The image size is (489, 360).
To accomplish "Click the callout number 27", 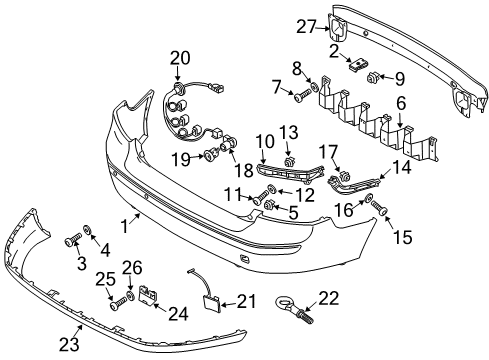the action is click(306, 26).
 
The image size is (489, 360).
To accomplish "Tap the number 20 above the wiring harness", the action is click(180, 58).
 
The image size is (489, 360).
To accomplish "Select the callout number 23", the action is click(69, 344).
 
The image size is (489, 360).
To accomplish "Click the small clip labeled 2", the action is click(357, 64).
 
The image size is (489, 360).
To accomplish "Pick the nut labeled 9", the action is click(371, 79).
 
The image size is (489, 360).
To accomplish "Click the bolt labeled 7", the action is click(302, 94).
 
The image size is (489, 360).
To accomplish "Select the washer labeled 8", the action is click(314, 86).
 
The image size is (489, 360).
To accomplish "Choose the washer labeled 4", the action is click(87, 229).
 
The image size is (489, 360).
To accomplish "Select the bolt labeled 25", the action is click(118, 303).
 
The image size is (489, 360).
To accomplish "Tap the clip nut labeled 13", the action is click(289, 162).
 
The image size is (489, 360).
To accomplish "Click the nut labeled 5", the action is click(269, 204).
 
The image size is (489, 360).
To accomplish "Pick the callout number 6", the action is click(401, 104).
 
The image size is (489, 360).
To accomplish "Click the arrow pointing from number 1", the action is click(136, 220).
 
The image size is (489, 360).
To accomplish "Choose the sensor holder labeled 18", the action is click(229, 144).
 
